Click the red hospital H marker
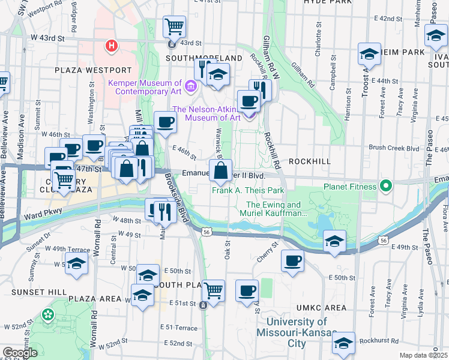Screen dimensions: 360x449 coord(110,45)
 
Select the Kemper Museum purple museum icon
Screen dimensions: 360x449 coord(191,87)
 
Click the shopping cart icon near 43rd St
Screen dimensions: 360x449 coord(174,26)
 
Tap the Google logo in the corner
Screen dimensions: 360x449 coord(20,353)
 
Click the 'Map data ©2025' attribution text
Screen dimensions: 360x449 coord(424,355)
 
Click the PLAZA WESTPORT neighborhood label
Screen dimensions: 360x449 coord(92,70)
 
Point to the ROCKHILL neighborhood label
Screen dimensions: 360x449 coord(310,162)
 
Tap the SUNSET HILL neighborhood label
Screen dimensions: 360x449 coord(33,292)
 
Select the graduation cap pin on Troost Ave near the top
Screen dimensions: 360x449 coord(369,54)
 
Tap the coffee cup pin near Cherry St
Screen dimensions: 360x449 coord(292,260)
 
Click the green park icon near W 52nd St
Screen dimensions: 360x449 coord(47,314)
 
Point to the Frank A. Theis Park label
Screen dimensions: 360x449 coord(247,191)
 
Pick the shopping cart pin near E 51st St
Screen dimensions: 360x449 coord(214,290)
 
